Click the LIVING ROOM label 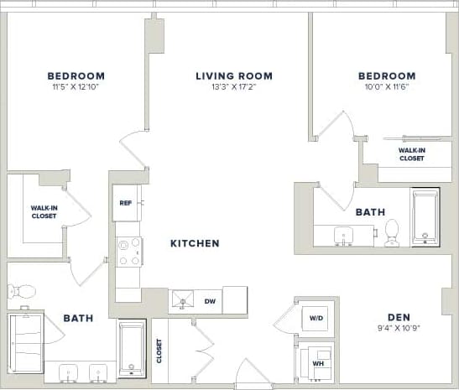(233, 75)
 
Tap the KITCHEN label (195, 243)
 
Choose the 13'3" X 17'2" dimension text (233, 87)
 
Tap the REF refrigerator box (126, 203)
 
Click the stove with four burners (128, 251)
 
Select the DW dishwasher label (211, 299)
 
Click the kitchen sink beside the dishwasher (183, 299)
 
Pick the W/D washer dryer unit (317, 318)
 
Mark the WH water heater (317, 362)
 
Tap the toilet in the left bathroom (21, 292)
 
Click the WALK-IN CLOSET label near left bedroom (44, 211)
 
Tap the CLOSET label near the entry (159, 351)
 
